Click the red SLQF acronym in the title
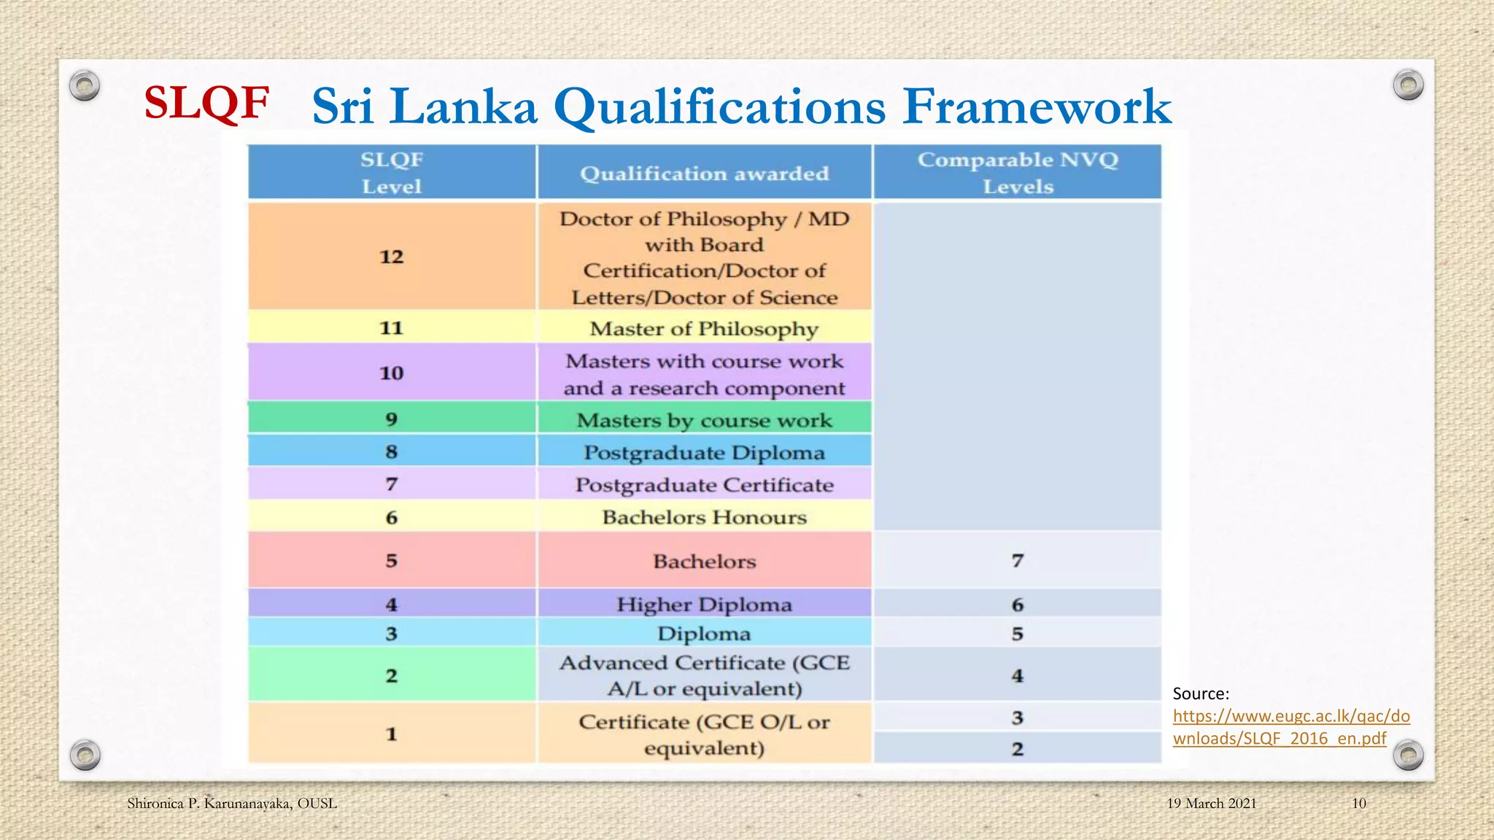206,103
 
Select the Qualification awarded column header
704,174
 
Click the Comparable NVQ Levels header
1018,173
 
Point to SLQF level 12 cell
392,257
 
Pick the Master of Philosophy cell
704,329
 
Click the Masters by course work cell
704,420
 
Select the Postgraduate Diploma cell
704,453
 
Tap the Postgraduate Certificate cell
704,485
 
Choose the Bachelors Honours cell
704,517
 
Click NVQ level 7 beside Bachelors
1018,561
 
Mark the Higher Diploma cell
704,604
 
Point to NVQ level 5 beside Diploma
1018,634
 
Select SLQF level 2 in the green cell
392,676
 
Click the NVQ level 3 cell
1018,718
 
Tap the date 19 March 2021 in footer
1211,804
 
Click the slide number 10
1358,804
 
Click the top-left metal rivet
85,86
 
